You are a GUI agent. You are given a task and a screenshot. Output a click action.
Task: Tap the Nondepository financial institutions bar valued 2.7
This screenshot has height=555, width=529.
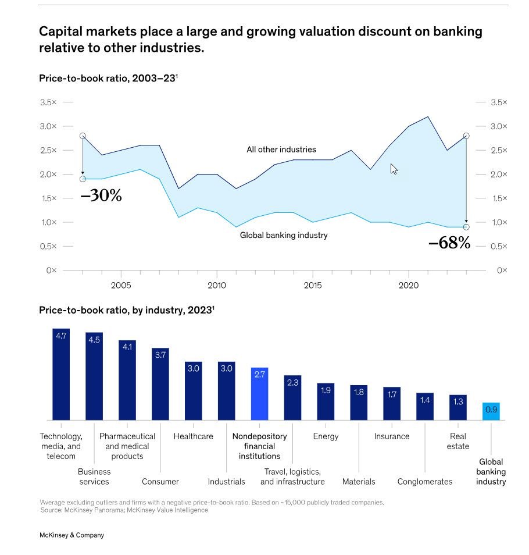point(259,394)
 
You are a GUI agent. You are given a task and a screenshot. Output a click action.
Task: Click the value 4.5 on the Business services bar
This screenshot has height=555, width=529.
point(94,340)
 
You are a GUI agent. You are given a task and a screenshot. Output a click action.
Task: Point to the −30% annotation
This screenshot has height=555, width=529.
point(101,196)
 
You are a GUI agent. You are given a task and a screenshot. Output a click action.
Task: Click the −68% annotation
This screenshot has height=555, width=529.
point(449,243)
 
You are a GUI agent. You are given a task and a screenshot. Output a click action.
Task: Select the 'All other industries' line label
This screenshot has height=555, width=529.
point(281,150)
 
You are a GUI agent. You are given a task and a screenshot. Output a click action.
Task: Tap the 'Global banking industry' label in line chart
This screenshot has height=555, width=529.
point(284,235)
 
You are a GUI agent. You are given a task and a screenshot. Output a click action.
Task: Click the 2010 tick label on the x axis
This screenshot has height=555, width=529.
point(217,286)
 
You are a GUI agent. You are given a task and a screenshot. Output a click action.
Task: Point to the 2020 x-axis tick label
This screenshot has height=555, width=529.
point(409,286)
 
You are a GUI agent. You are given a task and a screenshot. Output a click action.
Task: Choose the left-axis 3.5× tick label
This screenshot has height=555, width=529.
point(48,102)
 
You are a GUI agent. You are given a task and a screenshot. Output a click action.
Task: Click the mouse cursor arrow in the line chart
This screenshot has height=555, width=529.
point(394,169)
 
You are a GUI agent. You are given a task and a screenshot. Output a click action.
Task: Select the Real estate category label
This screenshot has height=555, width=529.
point(458,441)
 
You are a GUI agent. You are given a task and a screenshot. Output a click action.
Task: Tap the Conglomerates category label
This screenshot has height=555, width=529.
point(424,482)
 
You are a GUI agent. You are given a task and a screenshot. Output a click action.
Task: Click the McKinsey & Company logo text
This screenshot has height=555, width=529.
point(72,535)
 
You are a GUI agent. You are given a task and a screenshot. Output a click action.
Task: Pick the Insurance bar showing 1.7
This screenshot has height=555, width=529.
point(392,403)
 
